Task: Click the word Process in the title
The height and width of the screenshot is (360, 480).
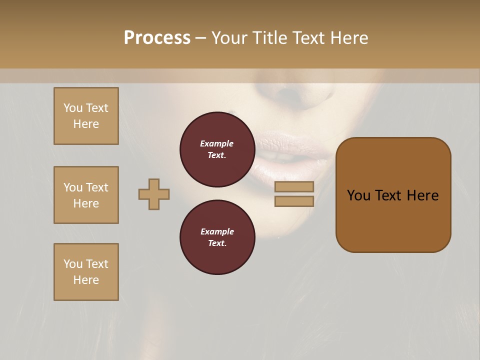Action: (157, 38)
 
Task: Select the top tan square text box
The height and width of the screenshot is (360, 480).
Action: (86, 116)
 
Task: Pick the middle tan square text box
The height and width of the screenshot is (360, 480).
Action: (86, 195)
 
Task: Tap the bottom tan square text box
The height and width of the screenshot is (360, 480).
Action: (86, 272)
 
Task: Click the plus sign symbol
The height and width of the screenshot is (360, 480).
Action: (154, 194)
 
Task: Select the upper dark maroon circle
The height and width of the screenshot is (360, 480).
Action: (217, 149)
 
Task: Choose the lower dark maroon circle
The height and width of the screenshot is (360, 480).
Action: (217, 237)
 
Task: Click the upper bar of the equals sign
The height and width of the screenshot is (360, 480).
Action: (294, 186)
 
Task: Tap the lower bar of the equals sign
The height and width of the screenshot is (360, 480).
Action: (294, 201)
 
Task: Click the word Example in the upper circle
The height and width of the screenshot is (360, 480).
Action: (217, 143)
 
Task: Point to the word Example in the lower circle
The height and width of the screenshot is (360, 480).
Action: (217, 231)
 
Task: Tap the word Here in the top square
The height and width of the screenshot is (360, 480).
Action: (86, 124)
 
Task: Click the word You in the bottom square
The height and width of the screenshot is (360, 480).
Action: (73, 264)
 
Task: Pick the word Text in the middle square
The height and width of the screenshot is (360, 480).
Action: (97, 187)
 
